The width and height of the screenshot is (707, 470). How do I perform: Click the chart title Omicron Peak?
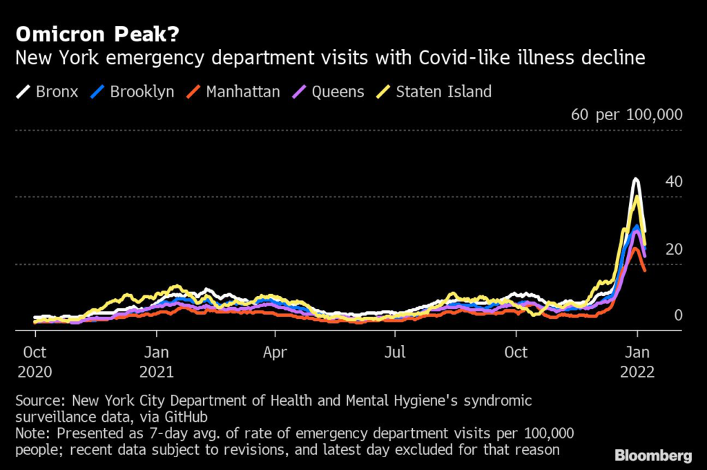(97, 35)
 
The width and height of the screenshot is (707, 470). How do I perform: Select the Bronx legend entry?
(47, 92)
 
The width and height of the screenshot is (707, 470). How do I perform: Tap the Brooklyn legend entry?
(132, 92)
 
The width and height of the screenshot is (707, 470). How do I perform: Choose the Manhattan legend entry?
(233, 92)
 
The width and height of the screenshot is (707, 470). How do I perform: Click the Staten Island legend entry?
(434, 92)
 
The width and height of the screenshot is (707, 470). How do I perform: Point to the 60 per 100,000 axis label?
(626, 115)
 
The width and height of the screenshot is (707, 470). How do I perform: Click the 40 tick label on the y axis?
(674, 182)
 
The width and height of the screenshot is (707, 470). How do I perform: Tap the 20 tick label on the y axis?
(674, 249)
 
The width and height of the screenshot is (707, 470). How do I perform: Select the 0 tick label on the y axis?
(678, 315)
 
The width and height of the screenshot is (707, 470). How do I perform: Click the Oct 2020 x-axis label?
(35, 362)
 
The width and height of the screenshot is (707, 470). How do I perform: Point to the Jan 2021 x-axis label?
(157, 362)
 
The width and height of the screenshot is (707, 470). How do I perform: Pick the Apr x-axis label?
(275, 352)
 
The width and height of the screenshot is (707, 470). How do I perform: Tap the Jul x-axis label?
(395, 352)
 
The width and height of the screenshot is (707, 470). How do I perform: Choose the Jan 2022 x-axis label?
(637, 362)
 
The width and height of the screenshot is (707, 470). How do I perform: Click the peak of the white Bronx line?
(636, 179)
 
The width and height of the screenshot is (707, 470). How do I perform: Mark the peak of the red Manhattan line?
(635, 248)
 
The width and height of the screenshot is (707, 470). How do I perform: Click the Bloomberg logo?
(653, 456)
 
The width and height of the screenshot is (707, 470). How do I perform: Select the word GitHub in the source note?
(186, 417)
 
